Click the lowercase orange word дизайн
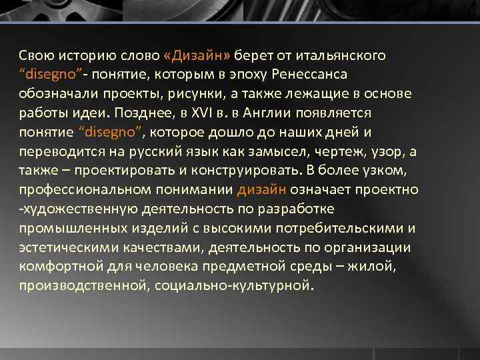point(262,189)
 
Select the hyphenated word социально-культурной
point(233,287)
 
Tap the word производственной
point(83,287)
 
